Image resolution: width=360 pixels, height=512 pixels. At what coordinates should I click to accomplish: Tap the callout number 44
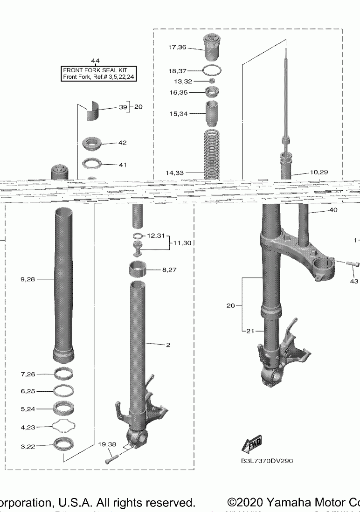click(x=95, y=61)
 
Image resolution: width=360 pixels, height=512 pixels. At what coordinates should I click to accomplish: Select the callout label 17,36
click(x=177, y=47)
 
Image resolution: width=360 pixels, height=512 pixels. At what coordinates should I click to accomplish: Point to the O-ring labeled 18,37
click(x=212, y=71)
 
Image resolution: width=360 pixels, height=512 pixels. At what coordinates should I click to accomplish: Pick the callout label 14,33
click(x=174, y=173)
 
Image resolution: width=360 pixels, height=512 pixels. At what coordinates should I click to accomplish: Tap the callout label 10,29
click(x=318, y=172)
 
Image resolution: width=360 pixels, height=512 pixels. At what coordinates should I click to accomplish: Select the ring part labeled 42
click(x=92, y=143)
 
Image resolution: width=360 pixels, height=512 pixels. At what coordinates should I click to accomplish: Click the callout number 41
click(x=123, y=165)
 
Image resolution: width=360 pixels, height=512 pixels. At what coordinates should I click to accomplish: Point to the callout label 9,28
click(x=28, y=279)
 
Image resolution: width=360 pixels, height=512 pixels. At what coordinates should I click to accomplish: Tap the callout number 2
click(x=168, y=345)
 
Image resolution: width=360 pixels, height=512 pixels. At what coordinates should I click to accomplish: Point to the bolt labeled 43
click(x=352, y=264)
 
